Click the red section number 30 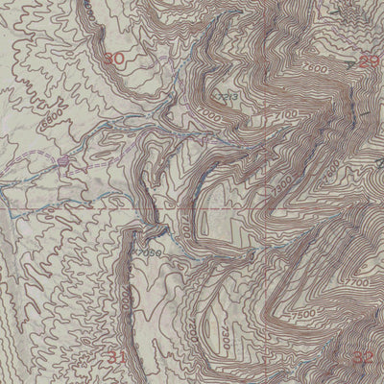tap(114, 60)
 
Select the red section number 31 tap(116, 357)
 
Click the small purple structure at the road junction tap(62, 161)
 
